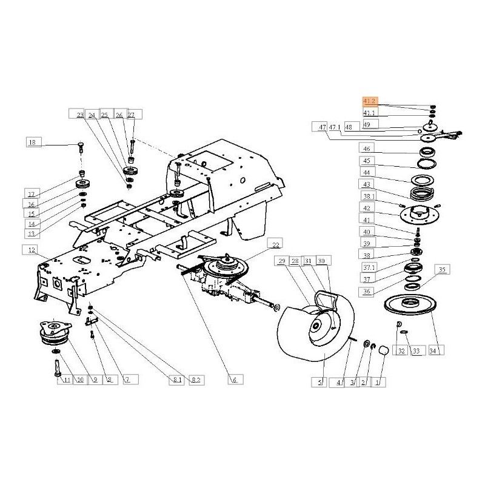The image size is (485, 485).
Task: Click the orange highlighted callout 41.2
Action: [370, 102]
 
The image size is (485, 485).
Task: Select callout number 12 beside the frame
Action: [30, 250]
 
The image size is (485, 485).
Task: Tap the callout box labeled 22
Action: [276, 245]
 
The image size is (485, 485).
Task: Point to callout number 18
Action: [34, 142]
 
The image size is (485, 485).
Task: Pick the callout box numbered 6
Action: [235, 380]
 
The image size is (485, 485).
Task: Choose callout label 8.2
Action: [196, 380]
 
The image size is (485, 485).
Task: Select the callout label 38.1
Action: [369, 196]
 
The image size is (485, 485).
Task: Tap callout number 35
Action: [441, 269]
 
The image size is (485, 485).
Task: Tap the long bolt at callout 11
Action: [56, 366]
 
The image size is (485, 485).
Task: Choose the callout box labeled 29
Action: [282, 261]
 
